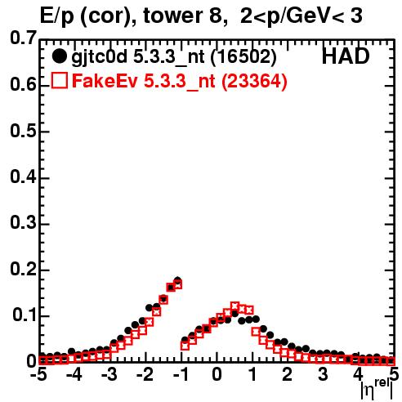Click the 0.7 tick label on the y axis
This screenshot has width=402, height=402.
[x=23, y=38]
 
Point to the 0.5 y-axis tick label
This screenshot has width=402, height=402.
[x=23, y=131]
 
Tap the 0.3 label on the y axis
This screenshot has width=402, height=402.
[x=23, y=223]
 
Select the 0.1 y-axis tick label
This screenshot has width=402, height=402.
[x=24, y=315]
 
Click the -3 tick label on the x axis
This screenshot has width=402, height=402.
[x=109, y=374]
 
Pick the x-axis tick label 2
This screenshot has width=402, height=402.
[x=288, y=374]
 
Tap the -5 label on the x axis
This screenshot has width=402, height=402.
[x=38, y=374]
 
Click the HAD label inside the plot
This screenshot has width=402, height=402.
[x=346, y=56]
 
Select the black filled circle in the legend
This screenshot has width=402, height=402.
[x=59, y=56]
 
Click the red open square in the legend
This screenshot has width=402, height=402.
[x=60, y=80]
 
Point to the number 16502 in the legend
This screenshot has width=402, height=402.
[x=243, y=56]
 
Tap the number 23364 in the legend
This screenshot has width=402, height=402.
[x=254, y=81]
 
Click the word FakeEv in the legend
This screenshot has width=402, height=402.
[x=105, y=81]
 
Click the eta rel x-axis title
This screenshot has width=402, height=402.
[x=377, y=390]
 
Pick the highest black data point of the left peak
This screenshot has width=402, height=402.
[x=178, y=280]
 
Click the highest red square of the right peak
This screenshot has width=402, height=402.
[x=234, y=306]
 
